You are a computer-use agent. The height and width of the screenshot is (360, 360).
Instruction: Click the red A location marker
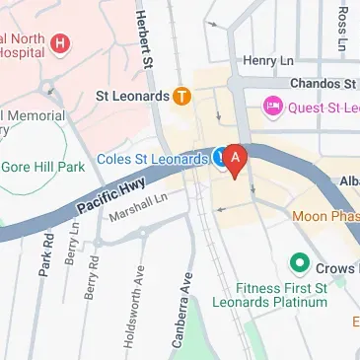tap(235, 158)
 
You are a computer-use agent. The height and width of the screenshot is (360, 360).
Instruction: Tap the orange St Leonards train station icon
tap(181, 97)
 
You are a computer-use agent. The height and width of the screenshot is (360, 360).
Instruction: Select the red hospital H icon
tap(61, 43)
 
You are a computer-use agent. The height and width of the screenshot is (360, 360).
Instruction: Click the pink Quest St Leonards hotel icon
tap(270, 106)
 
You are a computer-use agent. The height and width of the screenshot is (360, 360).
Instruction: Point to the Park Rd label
tap(44, 253)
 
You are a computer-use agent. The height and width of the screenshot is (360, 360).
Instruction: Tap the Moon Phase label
tap(325, 214)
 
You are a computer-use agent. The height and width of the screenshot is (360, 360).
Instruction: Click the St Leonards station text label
tap(129, 97)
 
